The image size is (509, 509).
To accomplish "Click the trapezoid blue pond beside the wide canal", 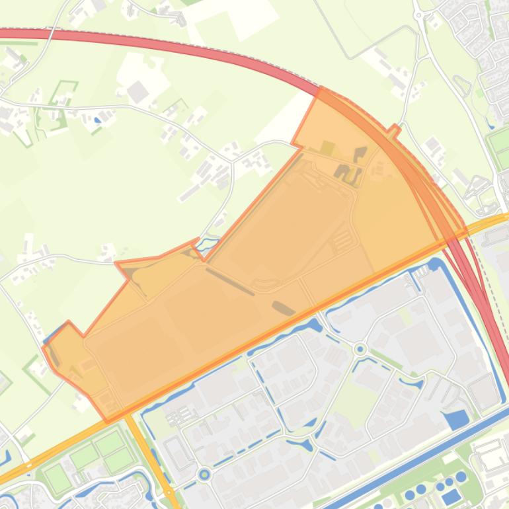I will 457,419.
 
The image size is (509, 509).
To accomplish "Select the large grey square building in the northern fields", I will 137,92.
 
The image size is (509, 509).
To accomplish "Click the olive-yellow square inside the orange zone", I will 327,147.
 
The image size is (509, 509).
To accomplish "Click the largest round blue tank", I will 461,477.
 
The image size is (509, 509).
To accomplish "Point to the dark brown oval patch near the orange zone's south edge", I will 284,307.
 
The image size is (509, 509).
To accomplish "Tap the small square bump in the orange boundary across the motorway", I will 395,130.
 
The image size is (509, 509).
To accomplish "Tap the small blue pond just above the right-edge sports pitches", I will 490,122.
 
